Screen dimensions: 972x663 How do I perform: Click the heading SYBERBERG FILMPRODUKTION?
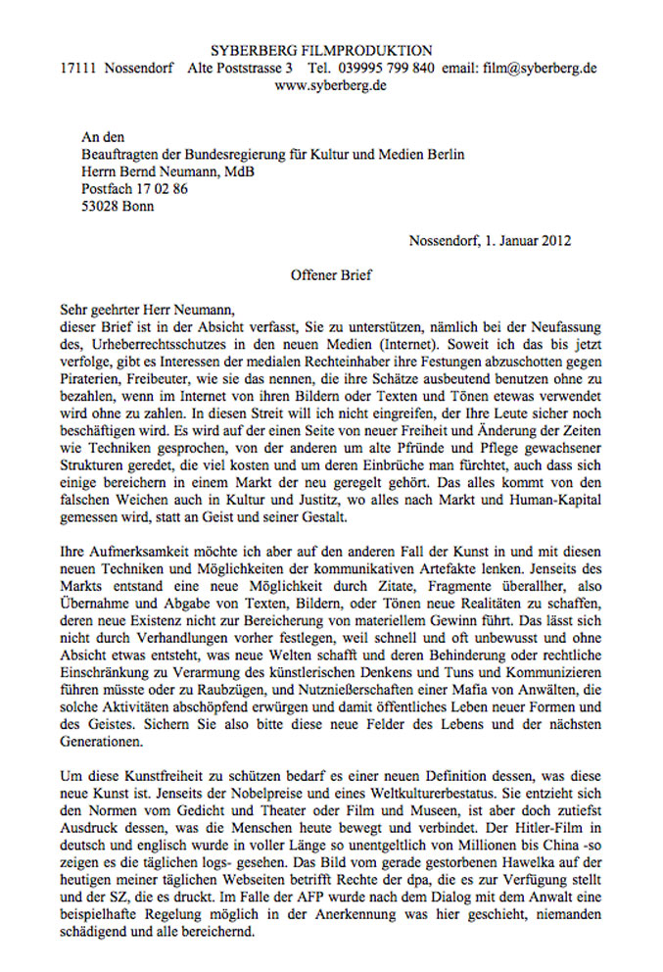click(321, 50)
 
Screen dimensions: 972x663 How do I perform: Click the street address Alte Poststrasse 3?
click(240, 69)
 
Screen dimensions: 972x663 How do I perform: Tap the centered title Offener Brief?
click(331, 277)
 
